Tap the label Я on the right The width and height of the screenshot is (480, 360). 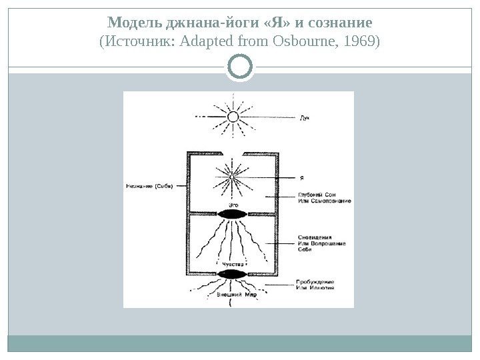click(x=301, y=177)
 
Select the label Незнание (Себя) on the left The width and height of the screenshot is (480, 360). click(x=148, y=186)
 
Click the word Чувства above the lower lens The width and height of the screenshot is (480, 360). click(x=231, y=265)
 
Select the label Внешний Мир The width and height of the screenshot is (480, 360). click(x=237, y=294)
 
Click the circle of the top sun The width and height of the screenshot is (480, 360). click(x=233, y=117)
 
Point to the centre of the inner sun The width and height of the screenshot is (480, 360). click(x=233, y=176)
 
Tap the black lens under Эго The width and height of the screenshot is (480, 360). click(x=233, y=214)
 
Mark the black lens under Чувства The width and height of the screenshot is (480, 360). click(x=232, y=274)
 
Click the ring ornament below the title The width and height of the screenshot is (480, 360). click(x=240, y=67)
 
